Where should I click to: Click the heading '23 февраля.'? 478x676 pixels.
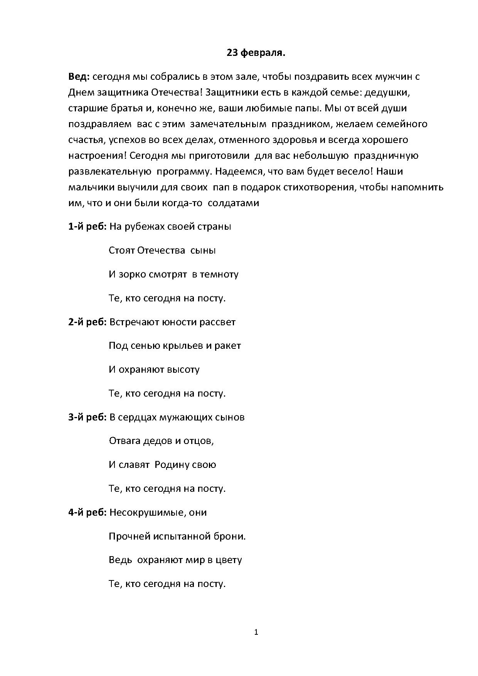point(256,53)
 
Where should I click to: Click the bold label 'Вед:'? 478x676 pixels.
point(79,76)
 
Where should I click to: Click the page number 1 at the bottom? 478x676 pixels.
point(256,632)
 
